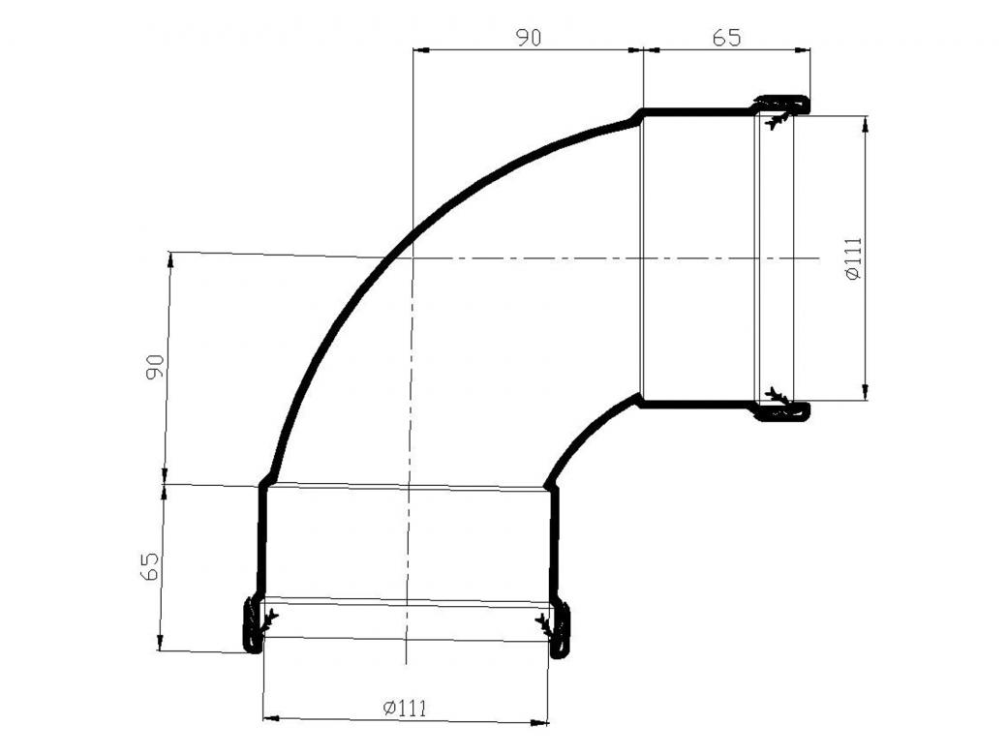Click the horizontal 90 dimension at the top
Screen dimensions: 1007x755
[529, 38]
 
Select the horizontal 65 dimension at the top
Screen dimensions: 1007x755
[726, 38]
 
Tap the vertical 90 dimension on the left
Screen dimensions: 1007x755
[155, 367]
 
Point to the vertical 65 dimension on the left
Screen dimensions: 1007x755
[150, 565]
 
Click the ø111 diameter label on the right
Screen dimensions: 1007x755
[853, 258]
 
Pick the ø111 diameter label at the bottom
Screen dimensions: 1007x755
[405, 709]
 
